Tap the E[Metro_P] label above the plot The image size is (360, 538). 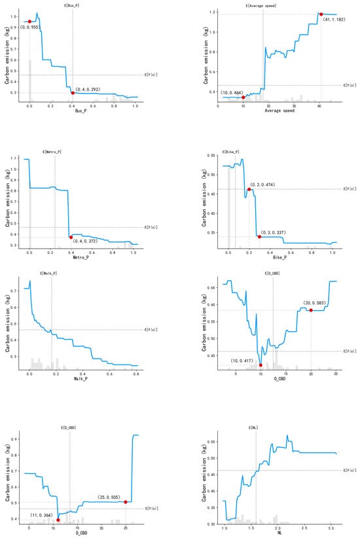[x=55, y=151]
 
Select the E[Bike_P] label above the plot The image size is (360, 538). [x=230, y=152]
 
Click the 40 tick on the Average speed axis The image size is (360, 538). [x=319, y=105]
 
